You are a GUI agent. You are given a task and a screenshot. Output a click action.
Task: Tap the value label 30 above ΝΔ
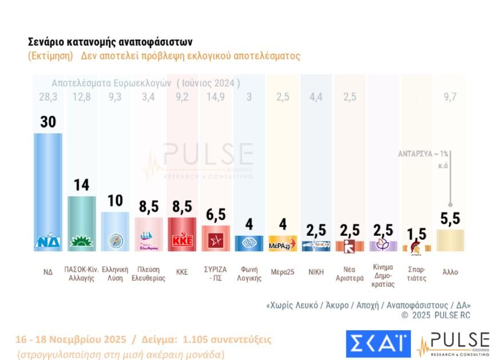pyautogui.click(x=48, y=122)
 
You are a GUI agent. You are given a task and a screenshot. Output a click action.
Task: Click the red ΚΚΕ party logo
pyautogui.click(x=183, y=241)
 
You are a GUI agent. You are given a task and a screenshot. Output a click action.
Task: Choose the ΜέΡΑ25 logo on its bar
pyautogui.click(x=283, y=244)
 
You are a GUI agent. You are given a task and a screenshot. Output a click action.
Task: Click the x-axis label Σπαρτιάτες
pyautogui.click(x=416, y=272)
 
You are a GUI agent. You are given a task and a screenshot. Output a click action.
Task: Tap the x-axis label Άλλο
pyautogui.click(x=450, y=272)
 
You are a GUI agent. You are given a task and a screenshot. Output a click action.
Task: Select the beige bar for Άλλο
pyautogui.click(x=450, y=240)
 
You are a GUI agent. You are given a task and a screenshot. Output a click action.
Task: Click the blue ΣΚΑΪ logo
pyautogui.click(x=378, y=342)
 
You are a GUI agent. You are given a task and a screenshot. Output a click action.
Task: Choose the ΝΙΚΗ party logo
pyautogui.click(x=316, y=245)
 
